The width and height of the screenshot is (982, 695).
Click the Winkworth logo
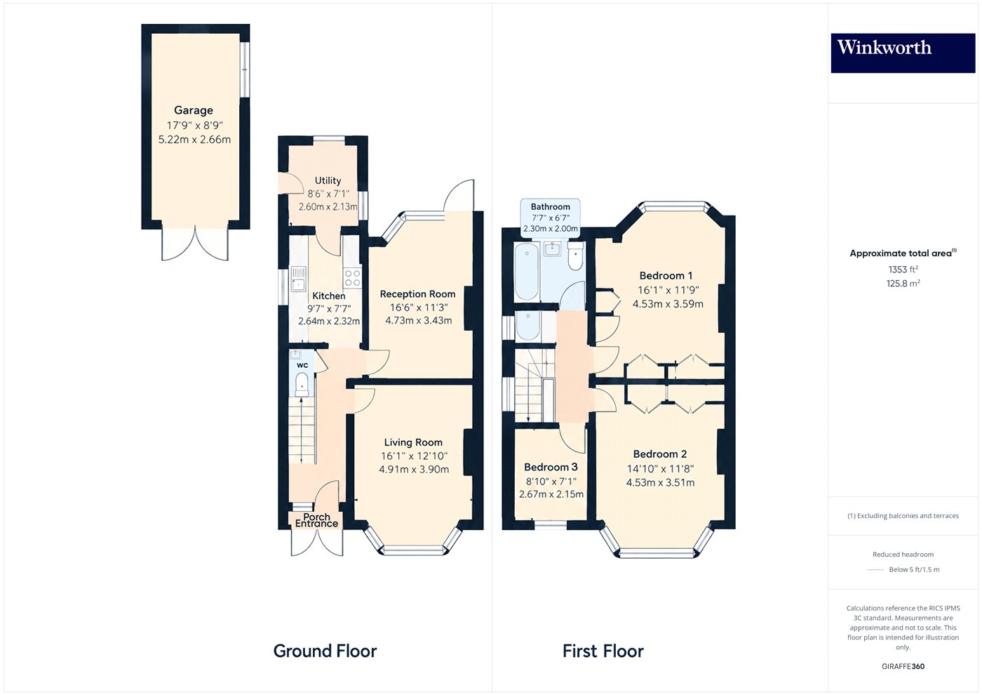coord(903,53)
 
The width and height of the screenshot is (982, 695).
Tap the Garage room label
coord(194,110)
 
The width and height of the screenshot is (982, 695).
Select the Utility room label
coord(328,180)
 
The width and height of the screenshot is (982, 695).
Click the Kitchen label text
coord(328,296)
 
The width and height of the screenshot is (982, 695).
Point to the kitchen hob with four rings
coord(352,278)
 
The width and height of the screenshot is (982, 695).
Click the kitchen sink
coord(299,279)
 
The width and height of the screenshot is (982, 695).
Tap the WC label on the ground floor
coord(302,365)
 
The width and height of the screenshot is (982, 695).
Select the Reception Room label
coord(417,294)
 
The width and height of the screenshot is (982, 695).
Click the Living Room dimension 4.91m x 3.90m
coord(414,469)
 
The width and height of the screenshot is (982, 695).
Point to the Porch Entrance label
coord(316,520)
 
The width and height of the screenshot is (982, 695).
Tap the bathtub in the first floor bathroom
coord(526,272)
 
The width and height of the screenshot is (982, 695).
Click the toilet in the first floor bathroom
coord(574,257)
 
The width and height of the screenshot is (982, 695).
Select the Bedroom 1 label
coord(666,275)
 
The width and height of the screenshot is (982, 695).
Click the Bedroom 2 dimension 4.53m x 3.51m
coord(660,483)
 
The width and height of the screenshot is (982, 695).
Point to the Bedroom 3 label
coord(551,467)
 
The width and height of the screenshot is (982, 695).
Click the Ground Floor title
coord(325,651)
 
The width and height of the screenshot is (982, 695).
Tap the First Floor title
coord(603,651)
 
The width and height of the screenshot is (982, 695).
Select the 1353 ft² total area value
coord(903,269)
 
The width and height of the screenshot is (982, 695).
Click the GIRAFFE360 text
coord(903,666)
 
